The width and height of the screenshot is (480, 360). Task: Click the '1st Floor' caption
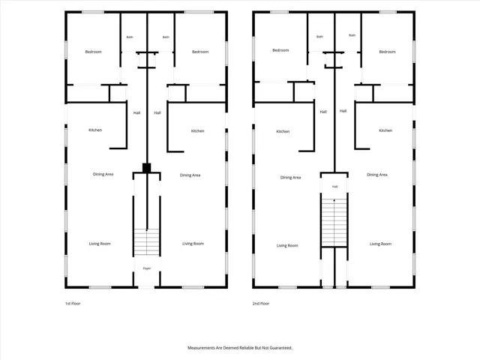coord(73,303)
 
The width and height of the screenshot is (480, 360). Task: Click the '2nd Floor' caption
coord(261,303)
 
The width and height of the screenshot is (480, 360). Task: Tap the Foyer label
coord(147,268)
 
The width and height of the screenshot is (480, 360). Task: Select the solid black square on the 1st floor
coord(147,168)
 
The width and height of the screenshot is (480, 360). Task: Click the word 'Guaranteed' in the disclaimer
coord(281,348)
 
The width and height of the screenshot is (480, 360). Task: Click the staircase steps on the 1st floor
coord(147,242)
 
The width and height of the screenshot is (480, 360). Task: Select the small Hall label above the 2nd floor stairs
coord(335,187)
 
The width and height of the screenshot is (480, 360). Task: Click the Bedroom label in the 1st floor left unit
coord(93,52)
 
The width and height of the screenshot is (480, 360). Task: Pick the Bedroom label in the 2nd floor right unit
coord(387,52)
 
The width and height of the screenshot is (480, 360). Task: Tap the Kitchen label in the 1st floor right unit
coord(197,131)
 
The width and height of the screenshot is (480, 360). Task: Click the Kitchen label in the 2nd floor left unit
coord(283,131)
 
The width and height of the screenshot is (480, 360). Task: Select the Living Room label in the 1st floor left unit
coord(100,244)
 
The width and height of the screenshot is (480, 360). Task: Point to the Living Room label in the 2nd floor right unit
coord(380,244)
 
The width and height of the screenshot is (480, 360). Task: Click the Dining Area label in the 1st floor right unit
coord(190,175)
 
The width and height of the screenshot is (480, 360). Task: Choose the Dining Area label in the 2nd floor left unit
coord(290,177)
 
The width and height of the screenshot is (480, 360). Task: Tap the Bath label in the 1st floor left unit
coord(130,37)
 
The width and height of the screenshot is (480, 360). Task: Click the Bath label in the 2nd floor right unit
coord(352,35)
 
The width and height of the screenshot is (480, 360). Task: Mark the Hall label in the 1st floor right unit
coord(157,112)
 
